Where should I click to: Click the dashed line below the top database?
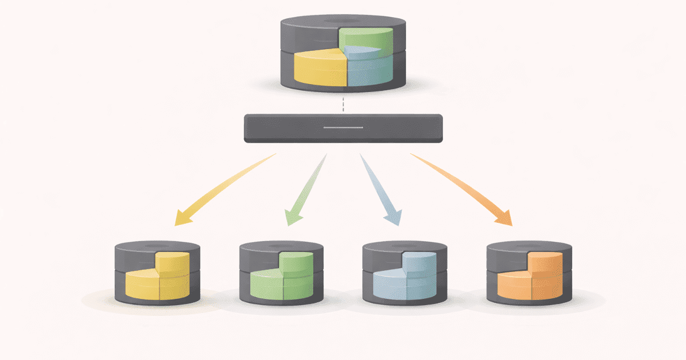pos(343,105)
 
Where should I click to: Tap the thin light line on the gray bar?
pos(343,127)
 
